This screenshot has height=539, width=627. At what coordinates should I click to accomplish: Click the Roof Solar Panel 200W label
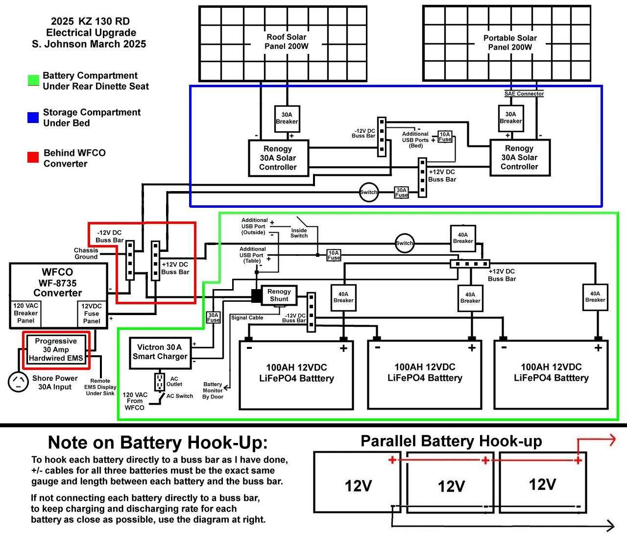tap(287, 42)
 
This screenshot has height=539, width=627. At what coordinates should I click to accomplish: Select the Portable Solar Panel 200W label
tap(510, 43)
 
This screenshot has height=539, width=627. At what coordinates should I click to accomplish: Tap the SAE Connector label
tap(524, 94)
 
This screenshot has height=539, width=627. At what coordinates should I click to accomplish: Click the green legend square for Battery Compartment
tap(33, 80)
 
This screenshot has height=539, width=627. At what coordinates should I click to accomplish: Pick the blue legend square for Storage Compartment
tap(33, 118)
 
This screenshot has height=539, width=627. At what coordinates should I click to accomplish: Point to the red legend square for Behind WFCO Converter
tap(33, 157)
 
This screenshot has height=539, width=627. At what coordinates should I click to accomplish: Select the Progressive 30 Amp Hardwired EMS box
tap(56, 349)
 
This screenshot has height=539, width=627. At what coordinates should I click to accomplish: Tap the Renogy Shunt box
tap(279, 295)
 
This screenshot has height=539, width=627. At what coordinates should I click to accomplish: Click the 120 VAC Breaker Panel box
tap(25, 313)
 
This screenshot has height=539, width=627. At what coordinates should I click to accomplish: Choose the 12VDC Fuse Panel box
tap(92, 314)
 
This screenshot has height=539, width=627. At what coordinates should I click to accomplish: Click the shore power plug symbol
tap(19, 382)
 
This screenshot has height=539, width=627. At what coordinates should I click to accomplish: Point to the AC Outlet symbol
tap(160, 382)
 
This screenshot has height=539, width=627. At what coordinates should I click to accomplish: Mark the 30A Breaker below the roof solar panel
tap(287, 119)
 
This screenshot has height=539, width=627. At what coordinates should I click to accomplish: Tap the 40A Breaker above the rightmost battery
tap(595, 297)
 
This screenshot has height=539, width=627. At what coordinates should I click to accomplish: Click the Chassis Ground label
tap(86, 253)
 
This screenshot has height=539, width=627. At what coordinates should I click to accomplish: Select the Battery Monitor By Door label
tap(213, 391)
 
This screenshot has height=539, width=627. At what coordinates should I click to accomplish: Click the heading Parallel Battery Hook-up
tap(451, 441)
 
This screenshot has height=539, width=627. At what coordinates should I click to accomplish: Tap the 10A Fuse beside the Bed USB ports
tap(445, 137)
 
